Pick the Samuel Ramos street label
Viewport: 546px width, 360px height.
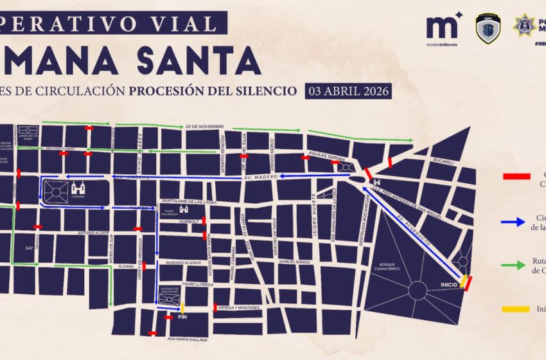[x=295, y=262]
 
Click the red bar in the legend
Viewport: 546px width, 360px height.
[x=516, y=175]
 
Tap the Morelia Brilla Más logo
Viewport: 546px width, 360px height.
[x=443, y=29]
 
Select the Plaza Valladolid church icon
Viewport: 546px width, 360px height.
[x=184, y=210]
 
